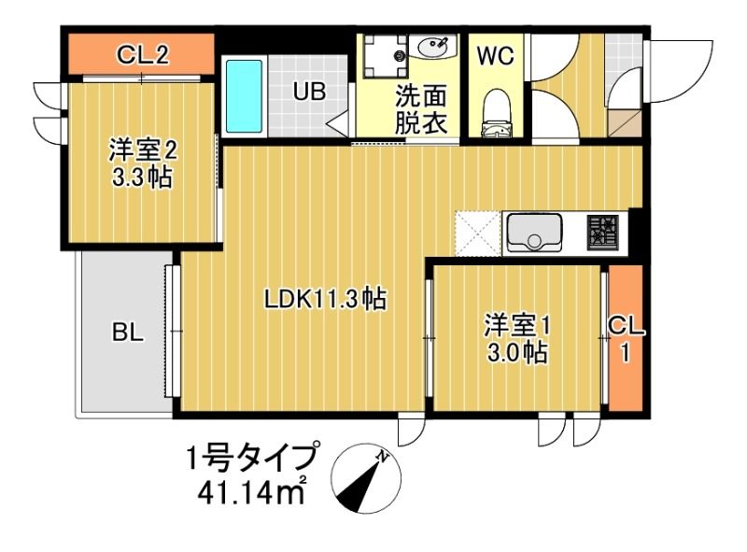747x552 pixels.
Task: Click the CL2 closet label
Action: (x=142, y=56)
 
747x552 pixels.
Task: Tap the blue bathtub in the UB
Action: (x=246, y=95)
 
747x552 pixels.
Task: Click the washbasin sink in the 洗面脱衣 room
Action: (x=435, y=48)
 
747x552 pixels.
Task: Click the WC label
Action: (x=495, y=56)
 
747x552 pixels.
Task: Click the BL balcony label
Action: (x=128, y=333)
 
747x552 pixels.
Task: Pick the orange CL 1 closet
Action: (x=625, y=337)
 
